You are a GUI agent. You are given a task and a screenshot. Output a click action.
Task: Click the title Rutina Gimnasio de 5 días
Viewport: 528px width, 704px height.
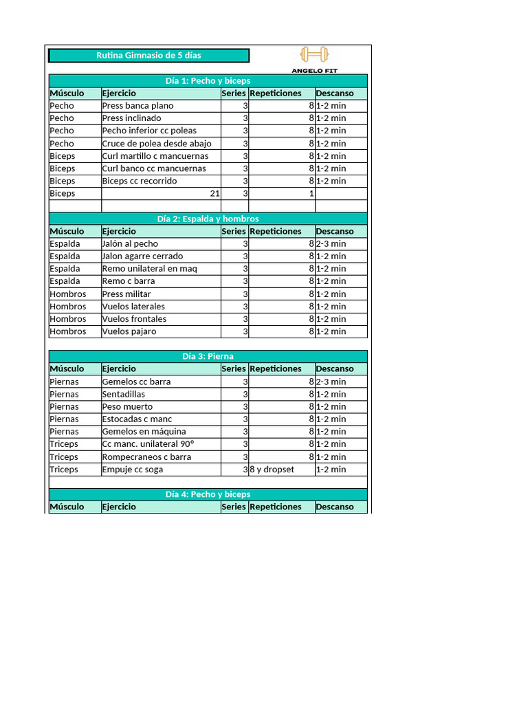tap(148, 56)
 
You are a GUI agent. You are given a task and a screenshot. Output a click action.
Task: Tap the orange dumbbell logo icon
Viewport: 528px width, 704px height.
tap(315, 54)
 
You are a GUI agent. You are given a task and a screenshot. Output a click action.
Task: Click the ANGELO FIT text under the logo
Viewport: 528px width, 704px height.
tap(315, 70)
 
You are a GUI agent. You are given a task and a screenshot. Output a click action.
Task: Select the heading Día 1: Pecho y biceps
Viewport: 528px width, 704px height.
tap(208, 81)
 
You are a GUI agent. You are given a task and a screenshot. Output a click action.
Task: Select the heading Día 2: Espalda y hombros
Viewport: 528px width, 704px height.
tap(208, 219)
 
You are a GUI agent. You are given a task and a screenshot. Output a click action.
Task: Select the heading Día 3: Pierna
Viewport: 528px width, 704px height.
tap(208, 356)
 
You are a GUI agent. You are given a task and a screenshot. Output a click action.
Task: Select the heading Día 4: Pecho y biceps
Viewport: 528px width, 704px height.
tap(208, 494)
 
